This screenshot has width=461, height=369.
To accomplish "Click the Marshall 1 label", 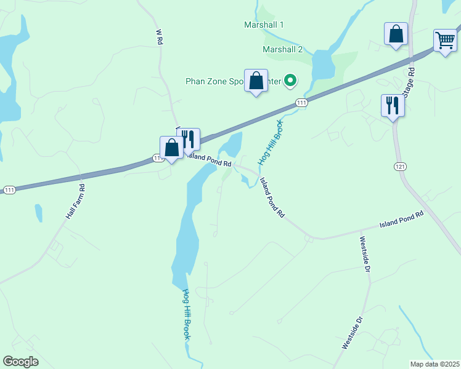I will coord(264,25).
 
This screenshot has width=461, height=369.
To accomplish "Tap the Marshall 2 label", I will coord(283,49).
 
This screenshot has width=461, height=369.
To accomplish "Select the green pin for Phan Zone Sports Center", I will coord(293,81).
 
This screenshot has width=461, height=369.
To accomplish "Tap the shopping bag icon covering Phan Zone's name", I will coord(256,81).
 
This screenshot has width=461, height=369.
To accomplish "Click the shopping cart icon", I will coord(444,41).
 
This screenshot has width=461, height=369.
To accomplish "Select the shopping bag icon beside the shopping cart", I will coord(396,34).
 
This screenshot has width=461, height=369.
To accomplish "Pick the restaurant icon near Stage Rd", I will coord(393,106).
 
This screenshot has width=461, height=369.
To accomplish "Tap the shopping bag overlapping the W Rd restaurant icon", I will coord(171,148).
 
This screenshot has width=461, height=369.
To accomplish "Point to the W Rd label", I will coord(159,36).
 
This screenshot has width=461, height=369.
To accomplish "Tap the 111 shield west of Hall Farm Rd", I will coord(9,190).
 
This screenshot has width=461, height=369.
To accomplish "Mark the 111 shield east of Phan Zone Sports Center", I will coord(301,103).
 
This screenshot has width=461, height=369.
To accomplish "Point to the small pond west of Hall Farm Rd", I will coord(38,213).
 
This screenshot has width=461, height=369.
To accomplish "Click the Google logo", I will coord(20,362).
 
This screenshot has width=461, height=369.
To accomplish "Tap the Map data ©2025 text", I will coord(434,364).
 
